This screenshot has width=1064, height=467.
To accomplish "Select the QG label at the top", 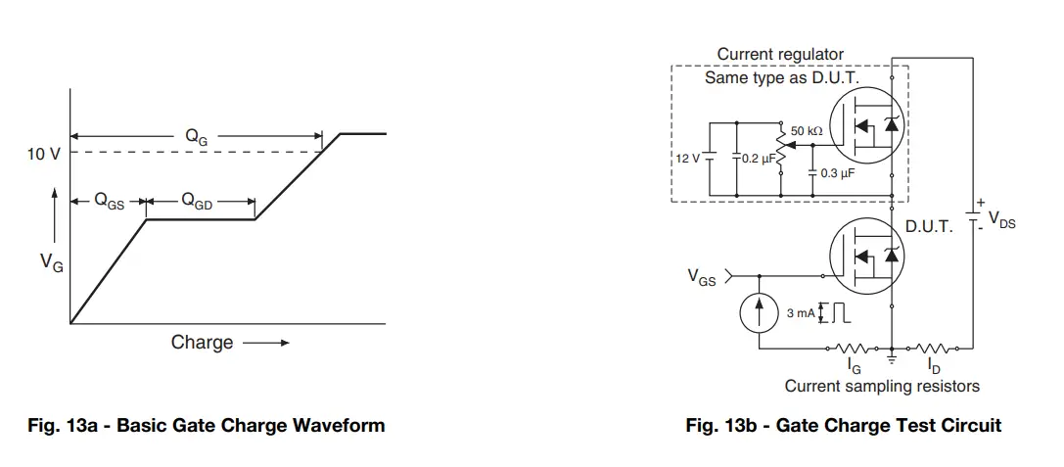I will pyautogui.click(x=197, y=138).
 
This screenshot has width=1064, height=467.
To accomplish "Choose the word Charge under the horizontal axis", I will pyautogui.click(x=202, y=342).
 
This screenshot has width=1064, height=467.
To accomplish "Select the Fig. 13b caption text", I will pyautogui.click(x=843, y=425).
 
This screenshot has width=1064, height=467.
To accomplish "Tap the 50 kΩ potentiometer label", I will pyautogui.click(x=807, y=130).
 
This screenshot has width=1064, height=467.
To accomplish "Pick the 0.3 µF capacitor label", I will pyautogui.click(x=836, y=172).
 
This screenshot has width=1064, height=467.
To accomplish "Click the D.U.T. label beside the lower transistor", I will pyautogui.click(x=928, y=226).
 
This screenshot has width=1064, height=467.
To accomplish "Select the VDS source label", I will pyautogui.click(x=1001, y=221).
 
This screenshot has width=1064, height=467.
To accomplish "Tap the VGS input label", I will pyautogui.click(x=701, y=278).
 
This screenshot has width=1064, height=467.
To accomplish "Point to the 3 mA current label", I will pyautogui.click(x=801, y=313).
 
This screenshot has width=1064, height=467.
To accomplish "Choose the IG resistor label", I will pyautogui.click(x=854, y=366).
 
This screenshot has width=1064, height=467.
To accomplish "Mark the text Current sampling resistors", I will pyautogui.click(x=881, y=386).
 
